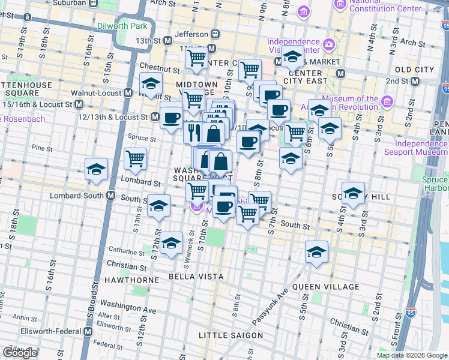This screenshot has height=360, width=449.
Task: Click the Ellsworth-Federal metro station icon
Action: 88,331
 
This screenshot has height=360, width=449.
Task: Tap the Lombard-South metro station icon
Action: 111,195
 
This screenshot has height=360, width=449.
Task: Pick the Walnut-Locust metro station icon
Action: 128,94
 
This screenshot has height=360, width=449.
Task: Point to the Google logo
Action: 20,353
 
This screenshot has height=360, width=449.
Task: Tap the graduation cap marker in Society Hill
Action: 353,193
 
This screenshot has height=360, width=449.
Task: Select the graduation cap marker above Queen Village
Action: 316,252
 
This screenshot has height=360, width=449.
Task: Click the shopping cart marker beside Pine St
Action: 136,158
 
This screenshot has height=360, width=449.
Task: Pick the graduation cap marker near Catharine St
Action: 172,243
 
